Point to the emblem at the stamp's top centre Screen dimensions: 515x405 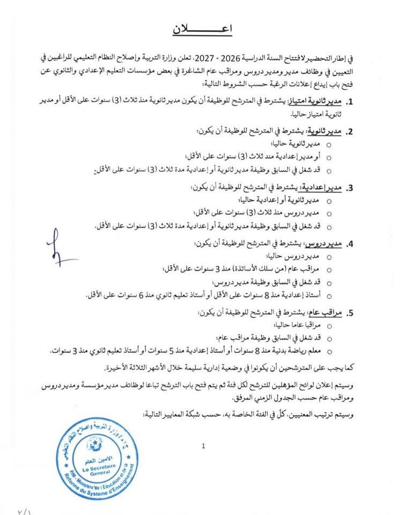point(95,443)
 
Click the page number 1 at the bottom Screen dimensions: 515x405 point(203,445)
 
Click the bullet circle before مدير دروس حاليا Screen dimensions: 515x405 point(328,257)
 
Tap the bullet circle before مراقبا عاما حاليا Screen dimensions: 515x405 point(328,326)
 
